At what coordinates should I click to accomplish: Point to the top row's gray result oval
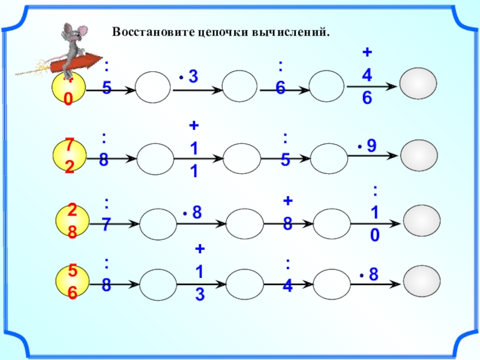(418, 85)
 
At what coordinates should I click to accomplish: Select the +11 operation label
(194, 149)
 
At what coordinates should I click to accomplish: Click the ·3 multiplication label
(188, 76)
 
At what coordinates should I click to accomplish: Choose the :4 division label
(288, 275)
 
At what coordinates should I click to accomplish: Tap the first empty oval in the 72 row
(154, 159)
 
